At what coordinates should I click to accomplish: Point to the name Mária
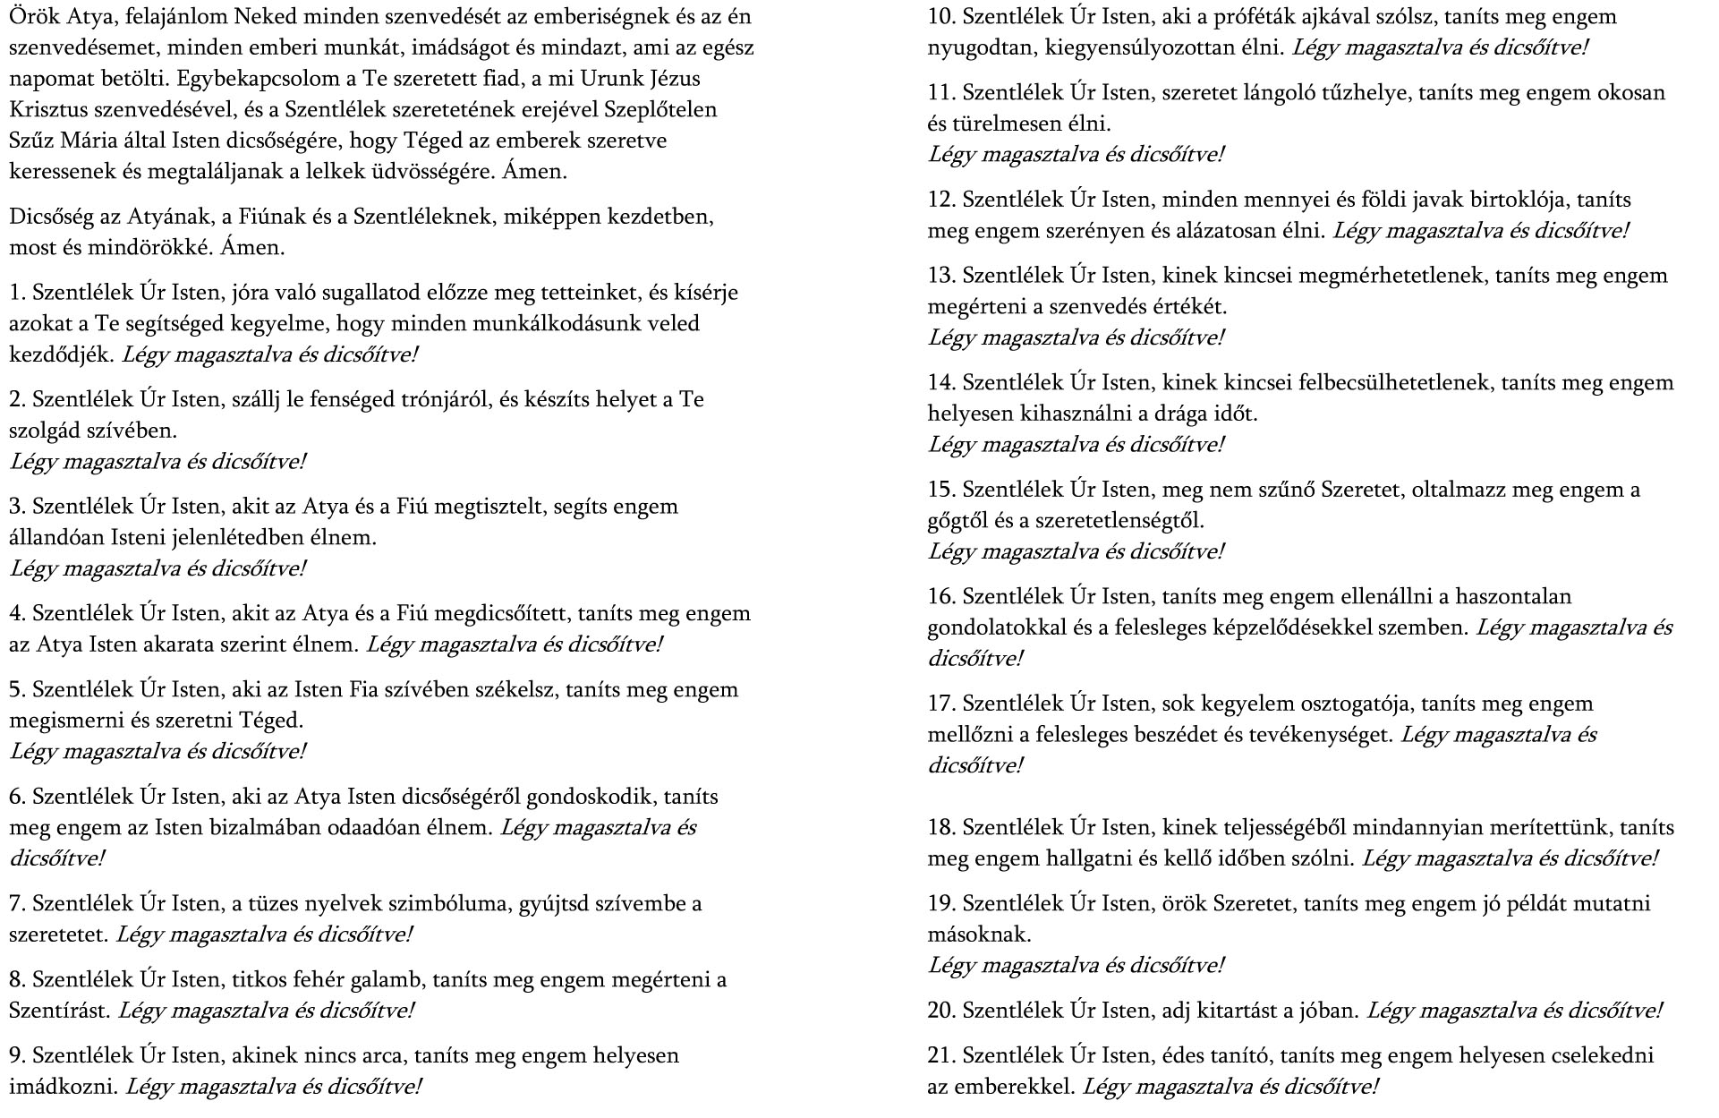click(87, 141)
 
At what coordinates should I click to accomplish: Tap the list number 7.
click(16, 903)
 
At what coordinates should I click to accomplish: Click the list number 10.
click(941, 17)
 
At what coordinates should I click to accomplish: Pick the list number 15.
click(941, 490)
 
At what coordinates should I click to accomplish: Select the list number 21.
click(941, 1055)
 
